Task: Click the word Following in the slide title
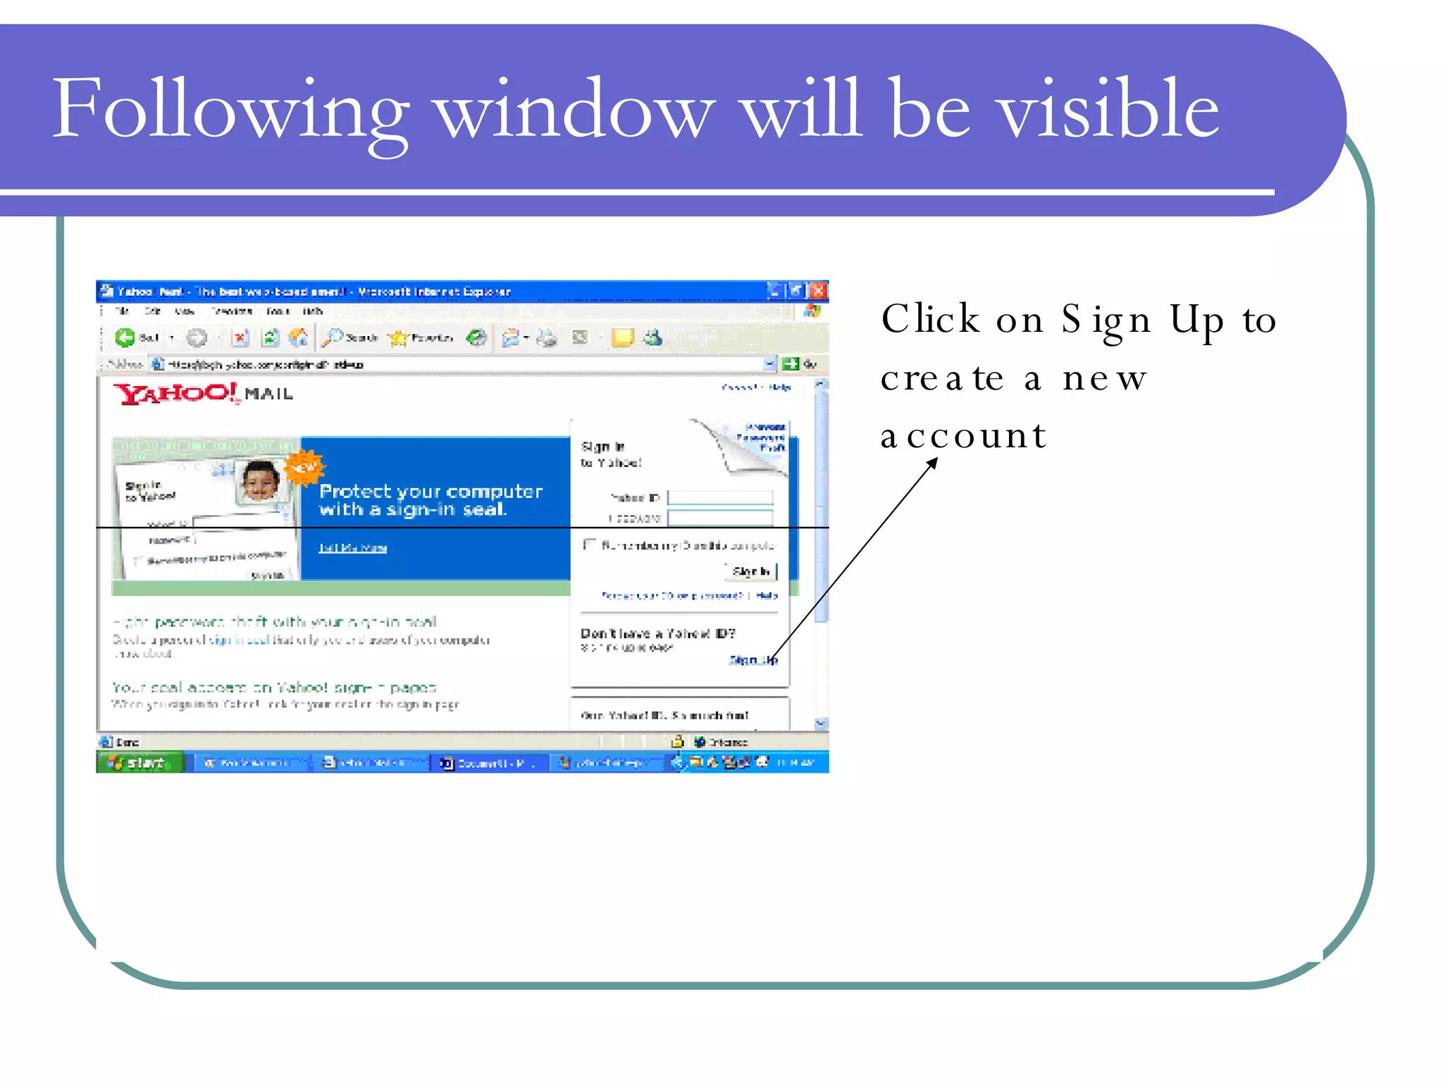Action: click(x=229, y=109)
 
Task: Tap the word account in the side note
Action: click(x=962, y=435)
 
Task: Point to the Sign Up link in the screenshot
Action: click(x=753, y=659)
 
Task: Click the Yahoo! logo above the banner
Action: click(x=176, y=393)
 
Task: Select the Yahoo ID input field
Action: click(x=719, y=497)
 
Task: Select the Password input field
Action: click(x=719, y=518)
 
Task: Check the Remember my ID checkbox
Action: click(x=589, y=545)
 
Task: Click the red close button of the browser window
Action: click(x=817, y=290)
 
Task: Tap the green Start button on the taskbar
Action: click(x=140, y=762)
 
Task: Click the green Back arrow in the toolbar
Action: click(x=125, y=338)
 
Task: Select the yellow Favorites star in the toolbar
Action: click(x=398, y=338)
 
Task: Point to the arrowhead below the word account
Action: click(x=934, y=462)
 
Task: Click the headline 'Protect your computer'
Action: click(x=431, y=491)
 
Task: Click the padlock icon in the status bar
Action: click(x=677, y=741)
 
